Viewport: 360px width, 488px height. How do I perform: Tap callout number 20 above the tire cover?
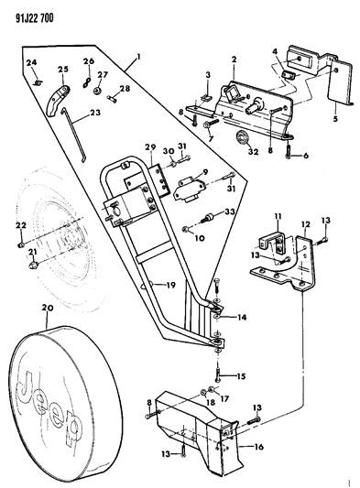point(47,308)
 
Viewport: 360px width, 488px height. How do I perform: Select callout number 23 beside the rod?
point(94,112)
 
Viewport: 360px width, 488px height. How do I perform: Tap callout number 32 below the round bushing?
point(253,152)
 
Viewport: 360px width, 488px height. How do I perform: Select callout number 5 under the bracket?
point(335,118)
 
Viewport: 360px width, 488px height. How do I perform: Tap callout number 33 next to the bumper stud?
point(229,211)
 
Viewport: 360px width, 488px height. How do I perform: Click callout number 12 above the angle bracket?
point(306,223)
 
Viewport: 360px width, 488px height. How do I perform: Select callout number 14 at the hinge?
point(241,318)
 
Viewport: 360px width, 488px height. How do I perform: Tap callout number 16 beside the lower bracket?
point(258,447)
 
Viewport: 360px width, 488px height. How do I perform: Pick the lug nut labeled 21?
point(33,266)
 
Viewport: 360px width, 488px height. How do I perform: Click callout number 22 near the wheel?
point(21,225)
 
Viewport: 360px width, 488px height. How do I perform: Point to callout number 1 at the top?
point(138,57)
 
